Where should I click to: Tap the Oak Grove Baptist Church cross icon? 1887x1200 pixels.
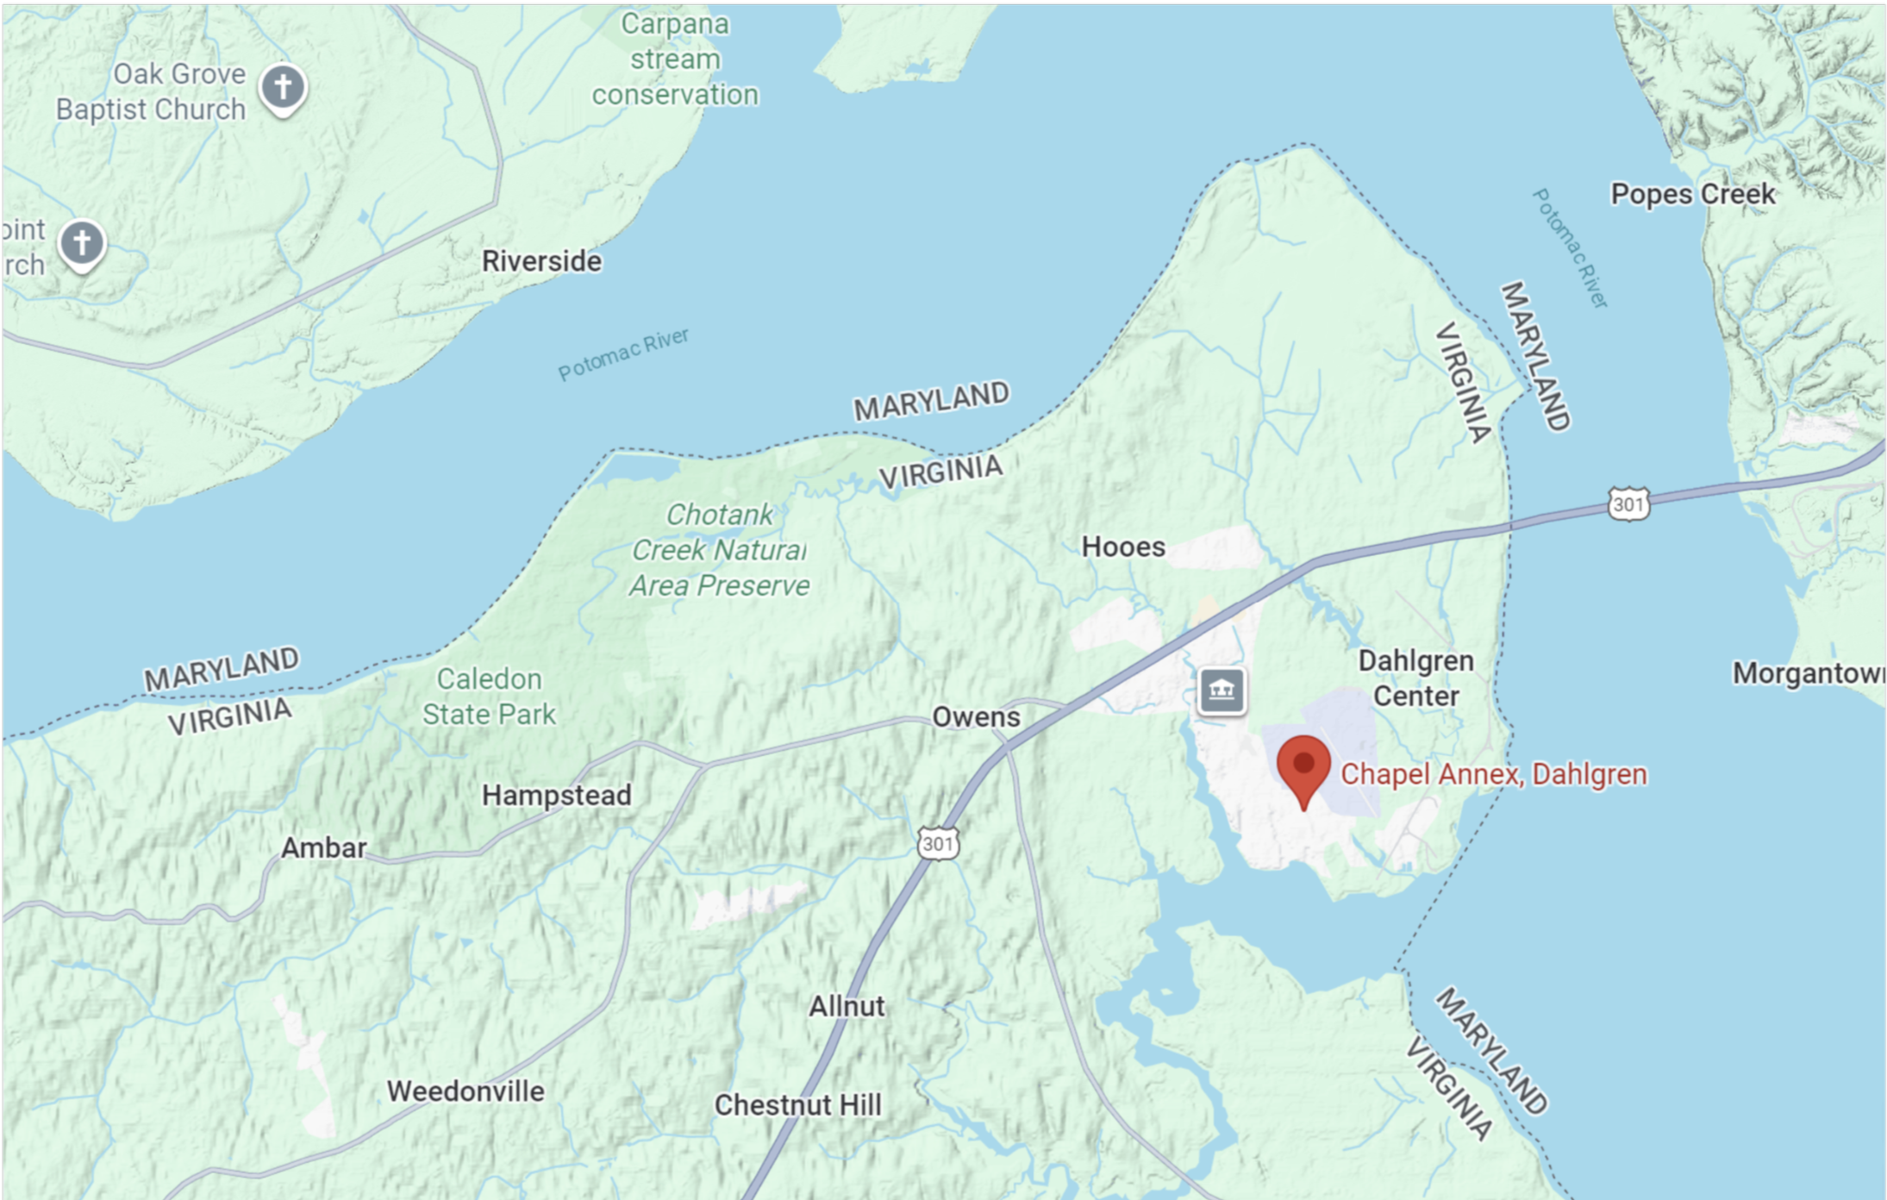(x=283, y=87)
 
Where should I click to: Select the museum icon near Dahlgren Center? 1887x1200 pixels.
(x=1222, y=691)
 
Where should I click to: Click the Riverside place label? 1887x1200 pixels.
(x=541, y=261)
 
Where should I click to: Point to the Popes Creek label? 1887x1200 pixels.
(x=1692, y=194)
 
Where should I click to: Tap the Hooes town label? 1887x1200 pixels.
(x=1123, y=547)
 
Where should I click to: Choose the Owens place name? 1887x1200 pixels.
(x=976, y=717)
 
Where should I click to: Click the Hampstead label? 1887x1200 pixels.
(x=556, y=795)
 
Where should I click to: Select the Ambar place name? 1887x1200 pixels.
(x=323, y=847)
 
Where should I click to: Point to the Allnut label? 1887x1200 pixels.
(x=847, y=1006)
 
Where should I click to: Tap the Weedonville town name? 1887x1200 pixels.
(x=466, y=1091)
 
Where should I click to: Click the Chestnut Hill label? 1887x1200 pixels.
(x=797, y=1105)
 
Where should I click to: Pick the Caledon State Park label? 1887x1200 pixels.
(x=489, y=697)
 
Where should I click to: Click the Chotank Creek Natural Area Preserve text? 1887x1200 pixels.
(x=719, y=550)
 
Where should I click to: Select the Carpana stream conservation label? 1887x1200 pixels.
(x=675, y=59)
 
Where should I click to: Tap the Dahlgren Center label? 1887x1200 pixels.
(x=1415, y=678)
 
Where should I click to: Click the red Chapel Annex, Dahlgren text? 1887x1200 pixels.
(x=1493, y=774)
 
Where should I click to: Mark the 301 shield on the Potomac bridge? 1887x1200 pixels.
(x=1628, y=504)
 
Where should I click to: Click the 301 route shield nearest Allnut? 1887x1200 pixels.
(x=937, y=843)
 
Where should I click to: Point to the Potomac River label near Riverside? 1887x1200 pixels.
(x=623, y=353)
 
